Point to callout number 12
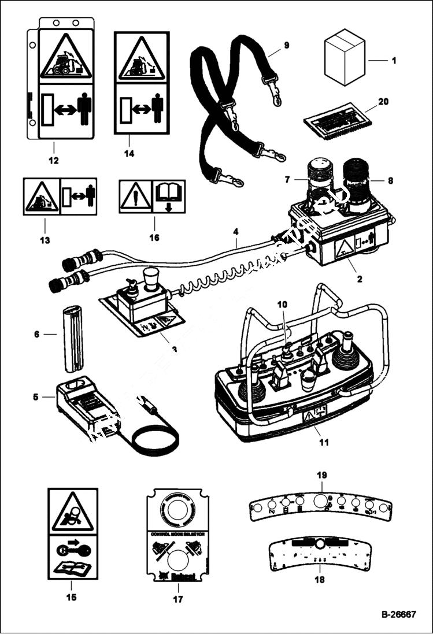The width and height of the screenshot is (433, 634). [x=54, y=160]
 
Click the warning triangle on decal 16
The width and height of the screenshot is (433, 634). [x=136, y=196]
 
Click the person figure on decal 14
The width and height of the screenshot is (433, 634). [x=158, y=109]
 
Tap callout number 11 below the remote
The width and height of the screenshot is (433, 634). [x=324, y=443]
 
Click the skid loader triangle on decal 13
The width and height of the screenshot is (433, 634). [x=41, y=197]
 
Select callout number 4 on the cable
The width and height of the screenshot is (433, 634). [x=235, y=233]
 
